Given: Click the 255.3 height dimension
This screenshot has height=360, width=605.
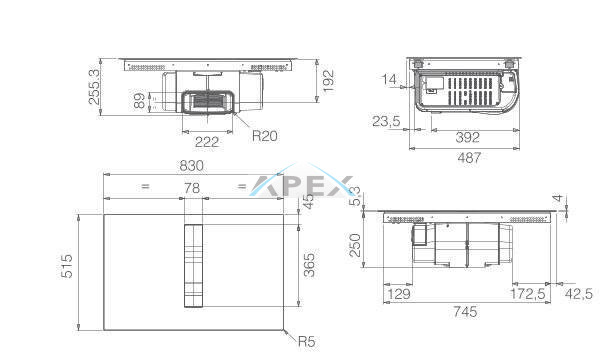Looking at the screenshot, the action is [x=95, y=87].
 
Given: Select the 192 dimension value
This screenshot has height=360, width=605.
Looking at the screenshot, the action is [x=328, y=81].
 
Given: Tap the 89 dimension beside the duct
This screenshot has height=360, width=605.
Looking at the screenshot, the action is [x=140, y=100].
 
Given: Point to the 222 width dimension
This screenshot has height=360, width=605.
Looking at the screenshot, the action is [x=207, y=142].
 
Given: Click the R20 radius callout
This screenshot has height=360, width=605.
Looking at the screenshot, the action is [x=265, y=135].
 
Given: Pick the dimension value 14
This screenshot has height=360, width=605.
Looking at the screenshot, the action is [x=389, y=79].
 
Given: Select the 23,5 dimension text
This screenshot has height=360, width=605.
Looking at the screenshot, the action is [x=386, y=121].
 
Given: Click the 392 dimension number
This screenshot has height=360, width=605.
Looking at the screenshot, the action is [x=468, y=137].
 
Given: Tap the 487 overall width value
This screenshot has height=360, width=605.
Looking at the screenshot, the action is [x=469, y=157].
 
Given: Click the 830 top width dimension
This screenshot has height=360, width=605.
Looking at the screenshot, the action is [x=191, y=166].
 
